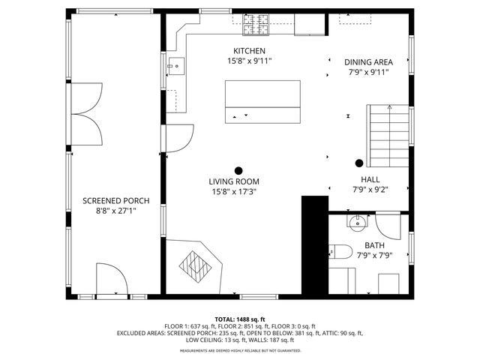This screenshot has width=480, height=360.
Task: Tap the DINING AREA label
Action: (368, 62)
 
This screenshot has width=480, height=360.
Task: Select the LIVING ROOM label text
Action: (234, 181)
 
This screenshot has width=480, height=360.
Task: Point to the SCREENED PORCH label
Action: (115, 201)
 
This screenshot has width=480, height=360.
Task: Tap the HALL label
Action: (370, 180)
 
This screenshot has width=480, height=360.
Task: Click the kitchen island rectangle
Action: (262, 103)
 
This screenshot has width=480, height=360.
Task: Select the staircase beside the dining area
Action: (387, 136)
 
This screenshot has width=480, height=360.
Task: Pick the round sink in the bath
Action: (358, 221)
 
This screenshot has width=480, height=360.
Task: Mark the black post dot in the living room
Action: (239, 170)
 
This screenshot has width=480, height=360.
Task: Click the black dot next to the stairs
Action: (359, 163)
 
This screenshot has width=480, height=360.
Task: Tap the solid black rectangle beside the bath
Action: (315, 244)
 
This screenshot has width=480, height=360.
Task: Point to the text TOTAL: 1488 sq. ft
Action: (239, 319)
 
